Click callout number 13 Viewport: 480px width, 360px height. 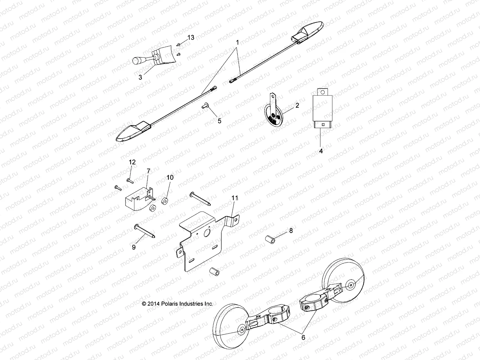coord(191,37)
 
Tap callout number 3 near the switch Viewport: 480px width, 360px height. coord(140,77)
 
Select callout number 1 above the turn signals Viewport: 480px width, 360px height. coord(237,42)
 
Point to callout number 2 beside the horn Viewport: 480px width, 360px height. coord(297,105)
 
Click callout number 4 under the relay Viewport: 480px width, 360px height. coord(321,151)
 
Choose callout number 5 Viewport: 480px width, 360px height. coord(219,121)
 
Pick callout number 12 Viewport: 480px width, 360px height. coord(132,162)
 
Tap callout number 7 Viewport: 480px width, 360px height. coord(148,171)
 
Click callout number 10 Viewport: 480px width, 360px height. coord(170,177)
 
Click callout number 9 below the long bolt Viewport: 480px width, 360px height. coord(134,247)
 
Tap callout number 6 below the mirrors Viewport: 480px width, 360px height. coord(303,337)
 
